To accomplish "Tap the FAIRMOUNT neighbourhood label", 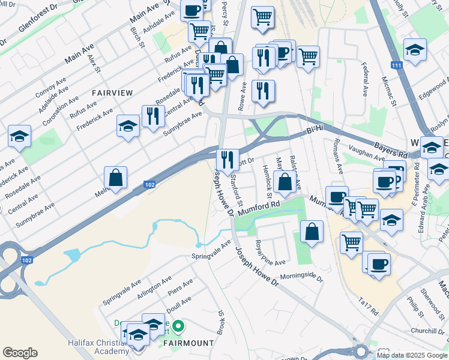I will (188, 343).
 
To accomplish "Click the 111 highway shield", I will (395, 65).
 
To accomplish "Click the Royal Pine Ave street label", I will (270, 254).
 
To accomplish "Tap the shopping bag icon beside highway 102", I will (115, 178).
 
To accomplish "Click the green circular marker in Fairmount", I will (178, 327).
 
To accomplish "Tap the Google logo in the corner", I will (20, 353).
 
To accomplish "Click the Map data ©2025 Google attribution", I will (411, 355).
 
